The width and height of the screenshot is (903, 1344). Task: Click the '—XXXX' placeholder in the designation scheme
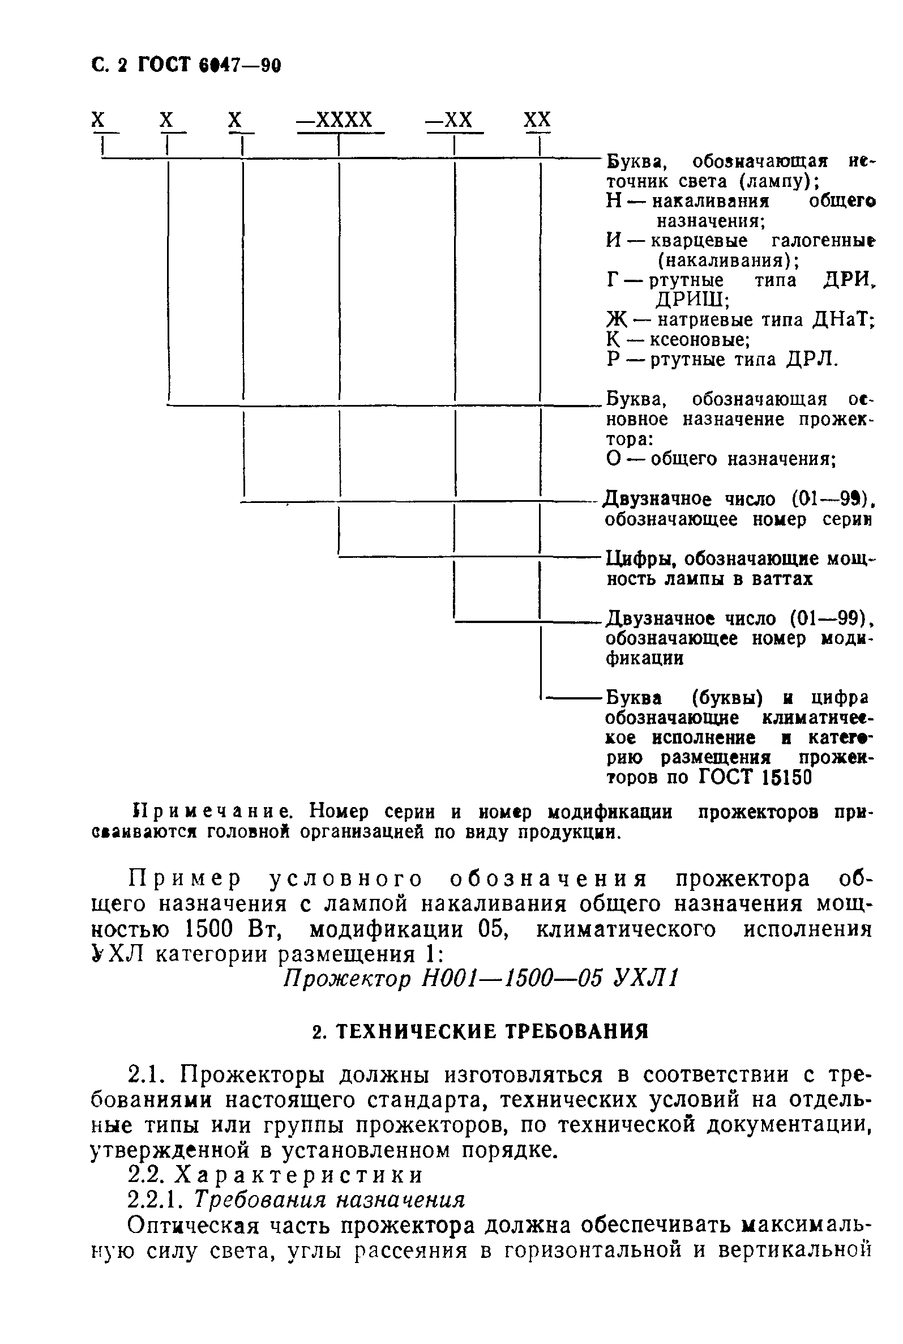point(335,121)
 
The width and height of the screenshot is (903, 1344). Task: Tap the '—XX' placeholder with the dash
point(449,121)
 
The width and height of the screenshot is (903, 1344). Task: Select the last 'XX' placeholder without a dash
point(537,121)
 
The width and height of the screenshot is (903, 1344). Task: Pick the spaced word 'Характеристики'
point(299,1175)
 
